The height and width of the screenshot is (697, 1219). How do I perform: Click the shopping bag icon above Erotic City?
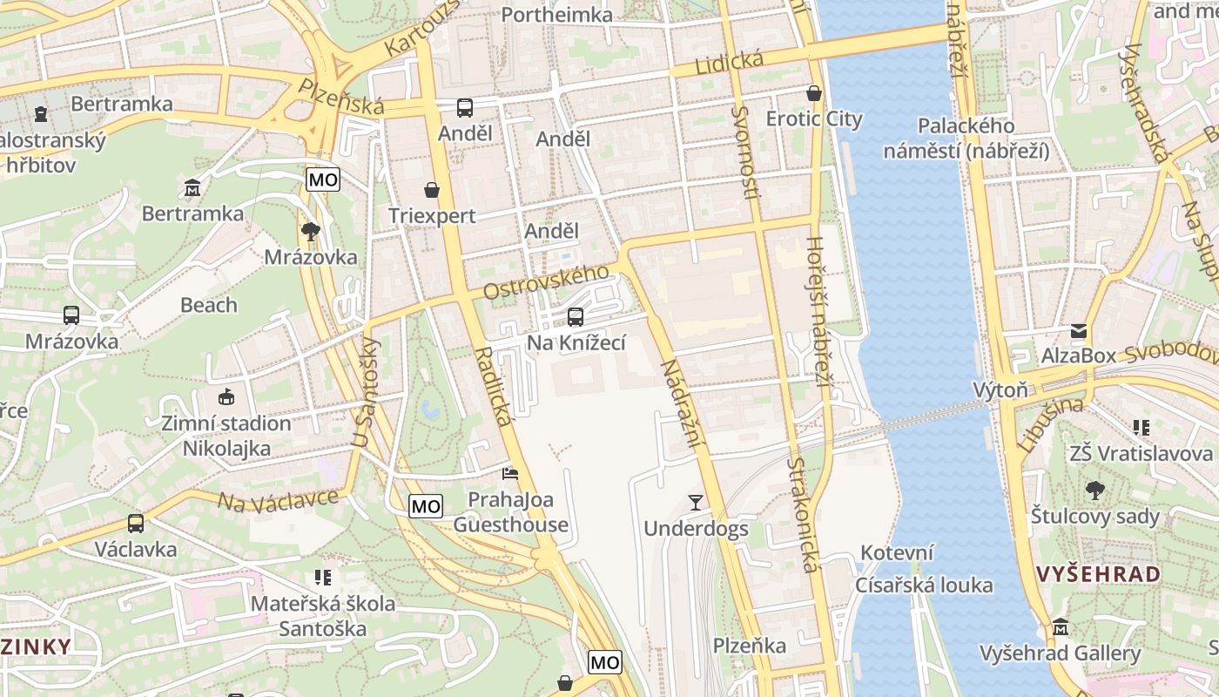814,92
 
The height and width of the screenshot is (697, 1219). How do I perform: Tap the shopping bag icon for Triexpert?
431,190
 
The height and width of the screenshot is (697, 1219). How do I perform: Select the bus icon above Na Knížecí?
576,317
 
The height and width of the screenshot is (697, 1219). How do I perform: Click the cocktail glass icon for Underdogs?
695,502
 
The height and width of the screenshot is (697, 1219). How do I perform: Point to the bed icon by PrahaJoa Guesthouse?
510,474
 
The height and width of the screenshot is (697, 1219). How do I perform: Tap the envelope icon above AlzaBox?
1079,331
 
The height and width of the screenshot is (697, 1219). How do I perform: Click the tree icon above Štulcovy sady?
1094,491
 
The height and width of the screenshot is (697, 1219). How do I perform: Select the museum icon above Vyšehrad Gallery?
1060,627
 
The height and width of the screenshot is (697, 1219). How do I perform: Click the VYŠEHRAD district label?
1098,574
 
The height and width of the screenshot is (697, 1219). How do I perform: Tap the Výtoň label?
1000,389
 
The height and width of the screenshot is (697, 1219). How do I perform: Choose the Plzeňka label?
750,646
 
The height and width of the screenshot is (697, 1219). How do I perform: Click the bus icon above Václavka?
136,524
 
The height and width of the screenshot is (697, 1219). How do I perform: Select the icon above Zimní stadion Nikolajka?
226,397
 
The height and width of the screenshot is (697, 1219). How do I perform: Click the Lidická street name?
729,64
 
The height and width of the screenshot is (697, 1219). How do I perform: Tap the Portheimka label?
557,15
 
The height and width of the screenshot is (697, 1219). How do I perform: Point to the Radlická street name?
494,387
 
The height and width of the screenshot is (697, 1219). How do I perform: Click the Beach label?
209,305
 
